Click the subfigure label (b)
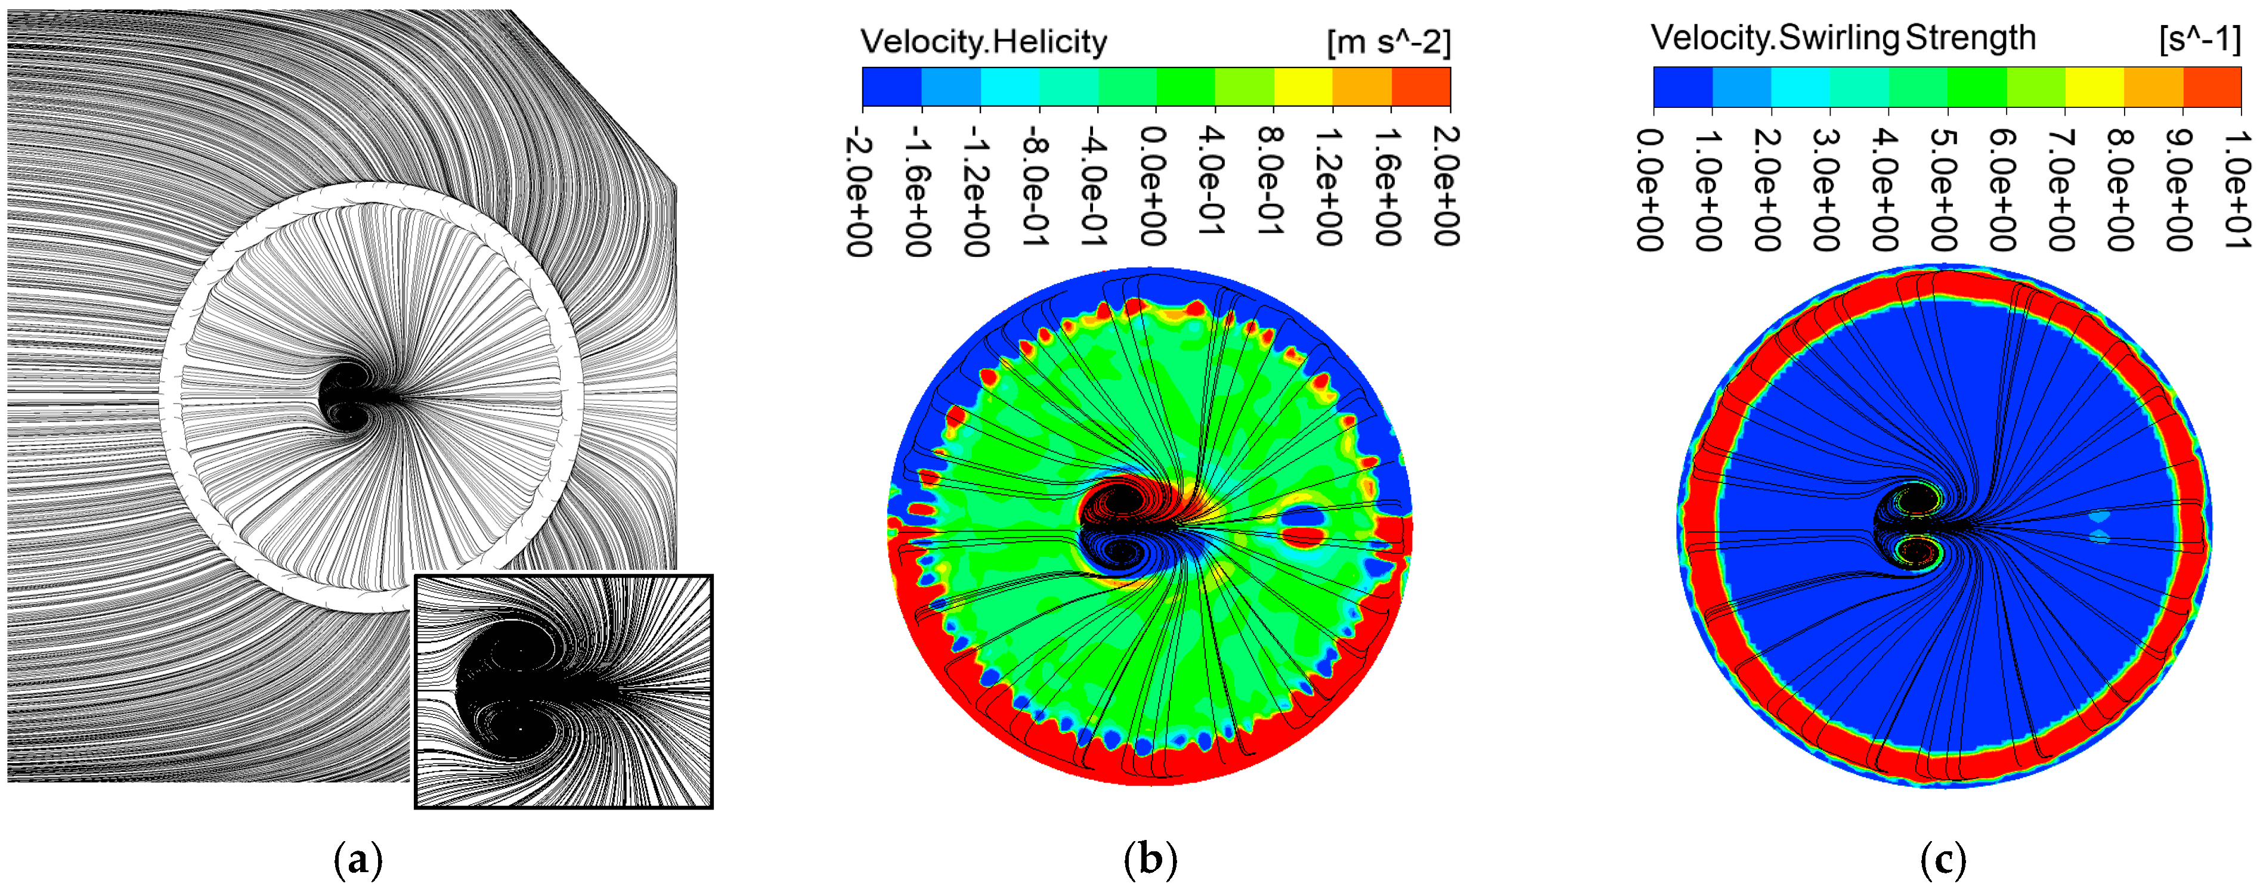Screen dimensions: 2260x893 pos(1150,861)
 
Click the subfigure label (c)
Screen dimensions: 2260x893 pos(1942,861)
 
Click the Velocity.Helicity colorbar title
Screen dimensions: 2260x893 pos(983,41)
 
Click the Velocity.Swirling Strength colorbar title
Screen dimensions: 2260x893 pos(1843,38)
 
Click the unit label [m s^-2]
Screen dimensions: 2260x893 pos(1389,41)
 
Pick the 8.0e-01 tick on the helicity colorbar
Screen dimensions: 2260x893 pos(1272,180)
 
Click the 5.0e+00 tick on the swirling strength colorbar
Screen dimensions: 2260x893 pos(1946,188)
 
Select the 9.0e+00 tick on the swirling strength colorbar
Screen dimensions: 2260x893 pos(2181,188)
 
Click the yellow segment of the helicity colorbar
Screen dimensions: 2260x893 pos(1303,87)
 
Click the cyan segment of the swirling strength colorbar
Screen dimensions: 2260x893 pos(1800,87)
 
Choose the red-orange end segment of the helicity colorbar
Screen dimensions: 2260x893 pos(1420,87)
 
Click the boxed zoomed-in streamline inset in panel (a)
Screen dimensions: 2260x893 pos(564,692)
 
